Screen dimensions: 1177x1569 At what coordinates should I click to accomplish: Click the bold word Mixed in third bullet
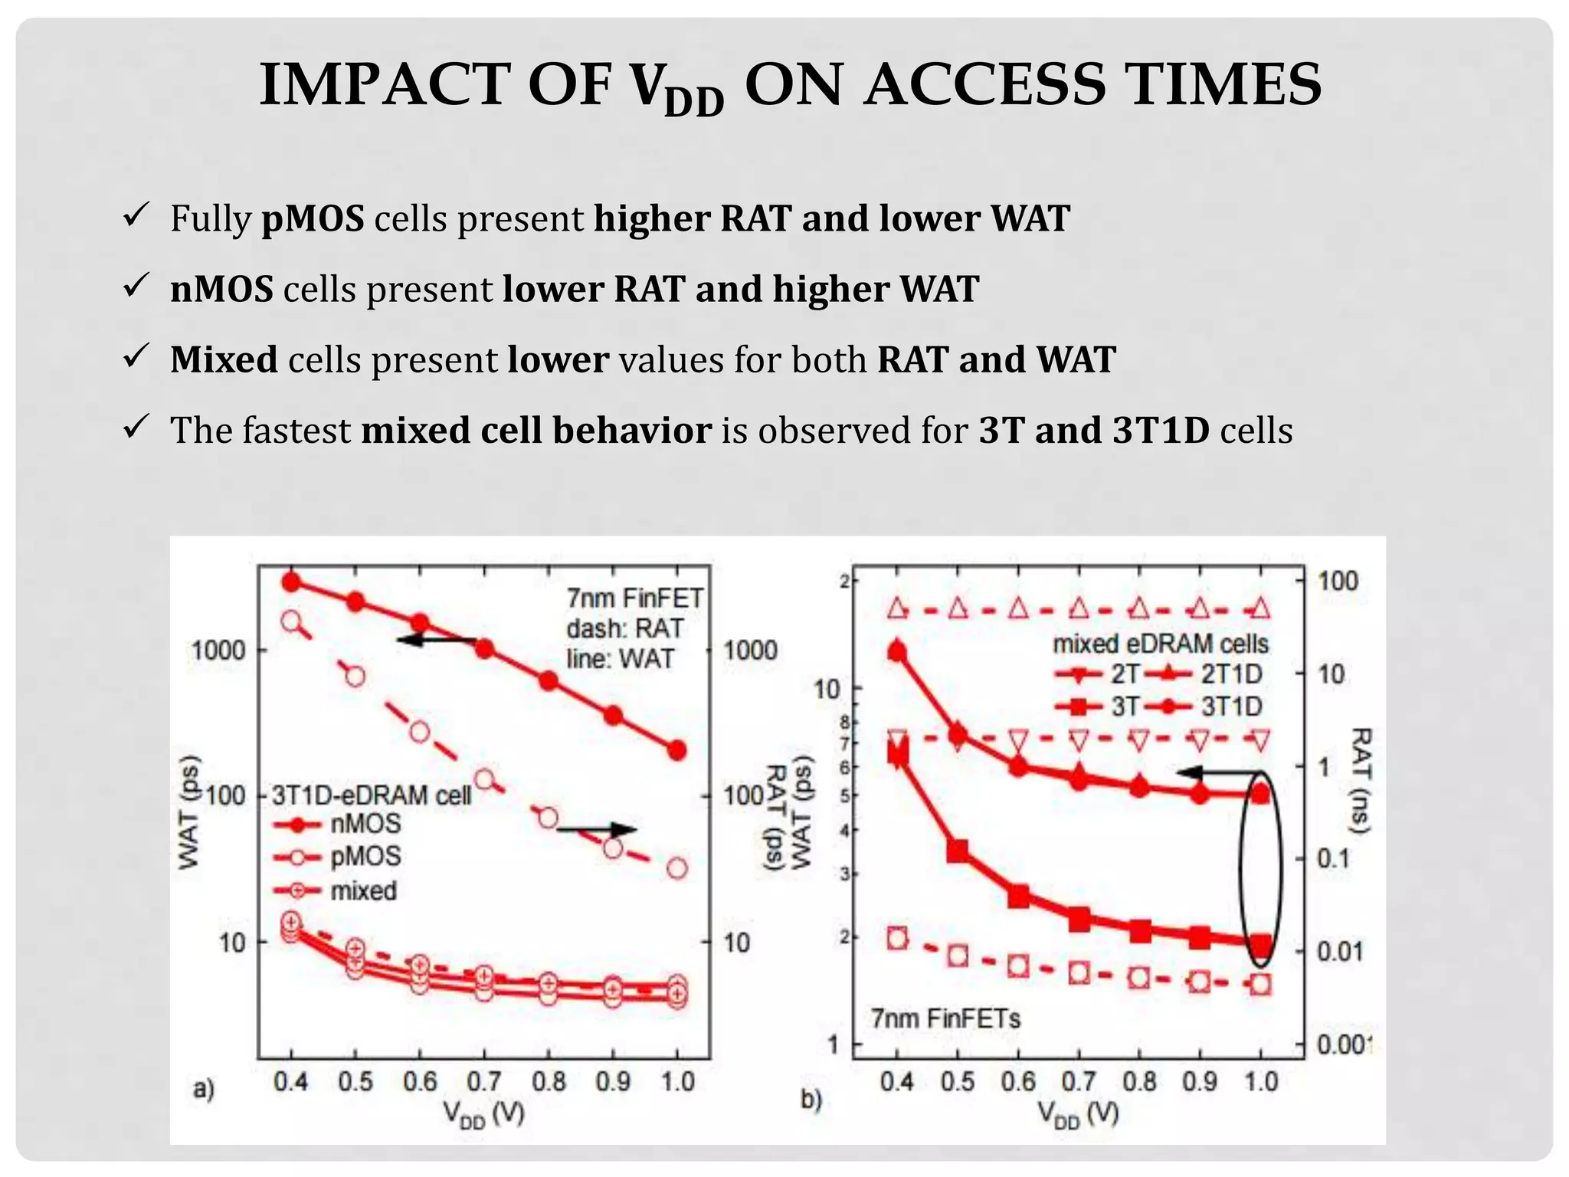[x=224, y=359]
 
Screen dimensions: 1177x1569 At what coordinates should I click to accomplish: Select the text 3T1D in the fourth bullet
[x=1160, y=430]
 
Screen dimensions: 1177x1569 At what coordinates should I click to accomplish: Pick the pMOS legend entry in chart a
[x=337, y=857]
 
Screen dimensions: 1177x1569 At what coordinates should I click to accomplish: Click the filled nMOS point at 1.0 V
[x=676, y=750]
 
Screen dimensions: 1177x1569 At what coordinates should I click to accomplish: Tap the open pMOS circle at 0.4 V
[x=291, y=621]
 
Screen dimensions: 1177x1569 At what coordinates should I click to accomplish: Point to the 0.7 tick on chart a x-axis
[x=484, y=1081]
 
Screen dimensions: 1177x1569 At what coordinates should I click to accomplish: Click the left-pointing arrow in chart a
[x=437, y=640]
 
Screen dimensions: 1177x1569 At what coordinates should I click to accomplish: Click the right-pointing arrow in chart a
[x=596, y=830]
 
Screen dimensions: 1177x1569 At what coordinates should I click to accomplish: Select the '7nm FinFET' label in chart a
[x=634, y=598]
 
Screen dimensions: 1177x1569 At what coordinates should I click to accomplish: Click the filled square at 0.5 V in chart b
[x=958, y=851]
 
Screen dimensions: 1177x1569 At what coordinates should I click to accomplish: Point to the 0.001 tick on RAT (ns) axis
[x=1343, y=1044]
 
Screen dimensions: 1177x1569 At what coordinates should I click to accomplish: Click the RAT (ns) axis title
[x=1360, y=779]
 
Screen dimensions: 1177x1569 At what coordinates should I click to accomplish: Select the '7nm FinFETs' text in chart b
[x=946, y=1019]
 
